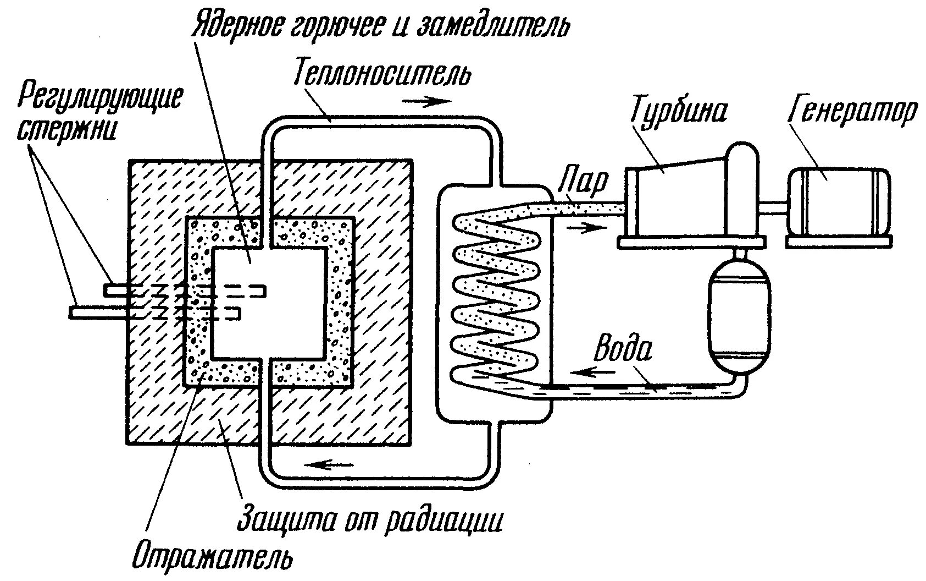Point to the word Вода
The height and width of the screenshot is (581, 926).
tap(624, 350)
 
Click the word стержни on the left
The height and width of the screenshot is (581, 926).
tap(66, 130)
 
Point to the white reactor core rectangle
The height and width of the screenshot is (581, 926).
tap(268, 303)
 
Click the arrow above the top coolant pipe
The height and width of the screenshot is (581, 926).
tap(426, 102)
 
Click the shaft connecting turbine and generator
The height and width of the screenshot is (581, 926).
tap(774, 209)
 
